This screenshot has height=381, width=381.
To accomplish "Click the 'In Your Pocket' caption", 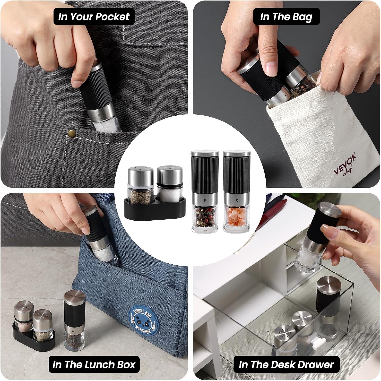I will click(x=94, y=17).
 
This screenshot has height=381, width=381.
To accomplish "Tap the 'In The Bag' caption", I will click(x=286, y=17).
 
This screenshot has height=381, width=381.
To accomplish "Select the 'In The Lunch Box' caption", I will click(x=94, y=364).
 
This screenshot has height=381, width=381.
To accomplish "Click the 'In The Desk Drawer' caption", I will click(x=286, y=364).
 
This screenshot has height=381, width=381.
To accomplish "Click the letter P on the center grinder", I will click(x=204, y=200).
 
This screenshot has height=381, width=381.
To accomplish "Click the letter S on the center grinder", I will click(x=236, y=200).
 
